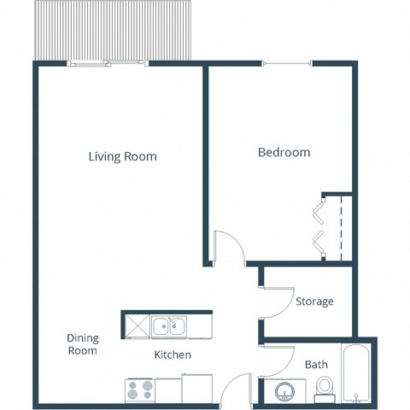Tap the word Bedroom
pyautogui.click(x=284, y=153)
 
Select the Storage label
pyautogui.click(x=314, y=302)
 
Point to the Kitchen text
pyautogui.click(x=172, y=354)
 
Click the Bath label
pyautogui.click(x=316, y=365)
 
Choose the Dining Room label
pyautogui.click(x=82, y=344)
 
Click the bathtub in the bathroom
pyautogui.click(x=355, y=374)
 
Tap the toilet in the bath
pyautogui.click(x=324, y=389)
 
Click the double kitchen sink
pyautogui.click(x=170, y=325)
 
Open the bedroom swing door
pyautogui.click(x=224, y=248)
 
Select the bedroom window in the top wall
pyautogui.click(x=285, y=64)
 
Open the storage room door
pyautogui.click(x=261, y=301)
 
